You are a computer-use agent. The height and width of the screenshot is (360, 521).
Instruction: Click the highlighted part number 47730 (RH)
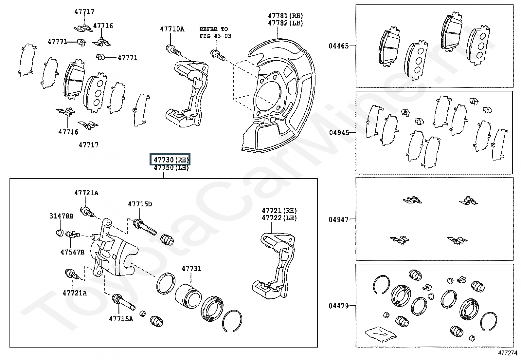coord(171,160)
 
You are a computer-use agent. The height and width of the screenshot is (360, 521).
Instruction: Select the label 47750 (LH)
coord(171,168)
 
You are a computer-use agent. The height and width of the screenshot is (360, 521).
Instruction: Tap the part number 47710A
coord(172,29)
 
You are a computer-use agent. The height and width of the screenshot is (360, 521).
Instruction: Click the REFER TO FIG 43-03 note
coord(215,33)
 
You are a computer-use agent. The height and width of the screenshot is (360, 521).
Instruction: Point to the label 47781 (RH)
coord(285,16)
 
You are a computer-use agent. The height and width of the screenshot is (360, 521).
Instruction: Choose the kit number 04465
coord(339,46)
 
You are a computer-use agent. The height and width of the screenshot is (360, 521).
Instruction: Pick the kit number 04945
coord(339,133)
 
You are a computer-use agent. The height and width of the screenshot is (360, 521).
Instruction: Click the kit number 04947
coord(339,219)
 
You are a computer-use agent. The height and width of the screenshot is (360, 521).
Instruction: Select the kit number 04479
coord(339,306)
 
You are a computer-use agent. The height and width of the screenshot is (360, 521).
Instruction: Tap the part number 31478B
coord(61,216)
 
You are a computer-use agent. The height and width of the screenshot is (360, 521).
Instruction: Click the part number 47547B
coord(72,252)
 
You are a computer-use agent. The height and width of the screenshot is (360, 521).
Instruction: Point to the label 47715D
coord(140,204)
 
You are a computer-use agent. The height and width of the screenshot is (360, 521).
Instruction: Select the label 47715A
coord(121,319)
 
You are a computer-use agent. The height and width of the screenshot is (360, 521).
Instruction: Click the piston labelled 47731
coord(188,296)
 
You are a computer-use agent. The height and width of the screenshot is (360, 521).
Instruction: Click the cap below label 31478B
coord(60,233)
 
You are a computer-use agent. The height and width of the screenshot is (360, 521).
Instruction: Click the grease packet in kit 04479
coord(380,334)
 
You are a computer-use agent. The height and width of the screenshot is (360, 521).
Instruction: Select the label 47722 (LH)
coord(279,218)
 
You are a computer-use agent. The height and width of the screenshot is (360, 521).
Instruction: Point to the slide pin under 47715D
coord(145,227)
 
